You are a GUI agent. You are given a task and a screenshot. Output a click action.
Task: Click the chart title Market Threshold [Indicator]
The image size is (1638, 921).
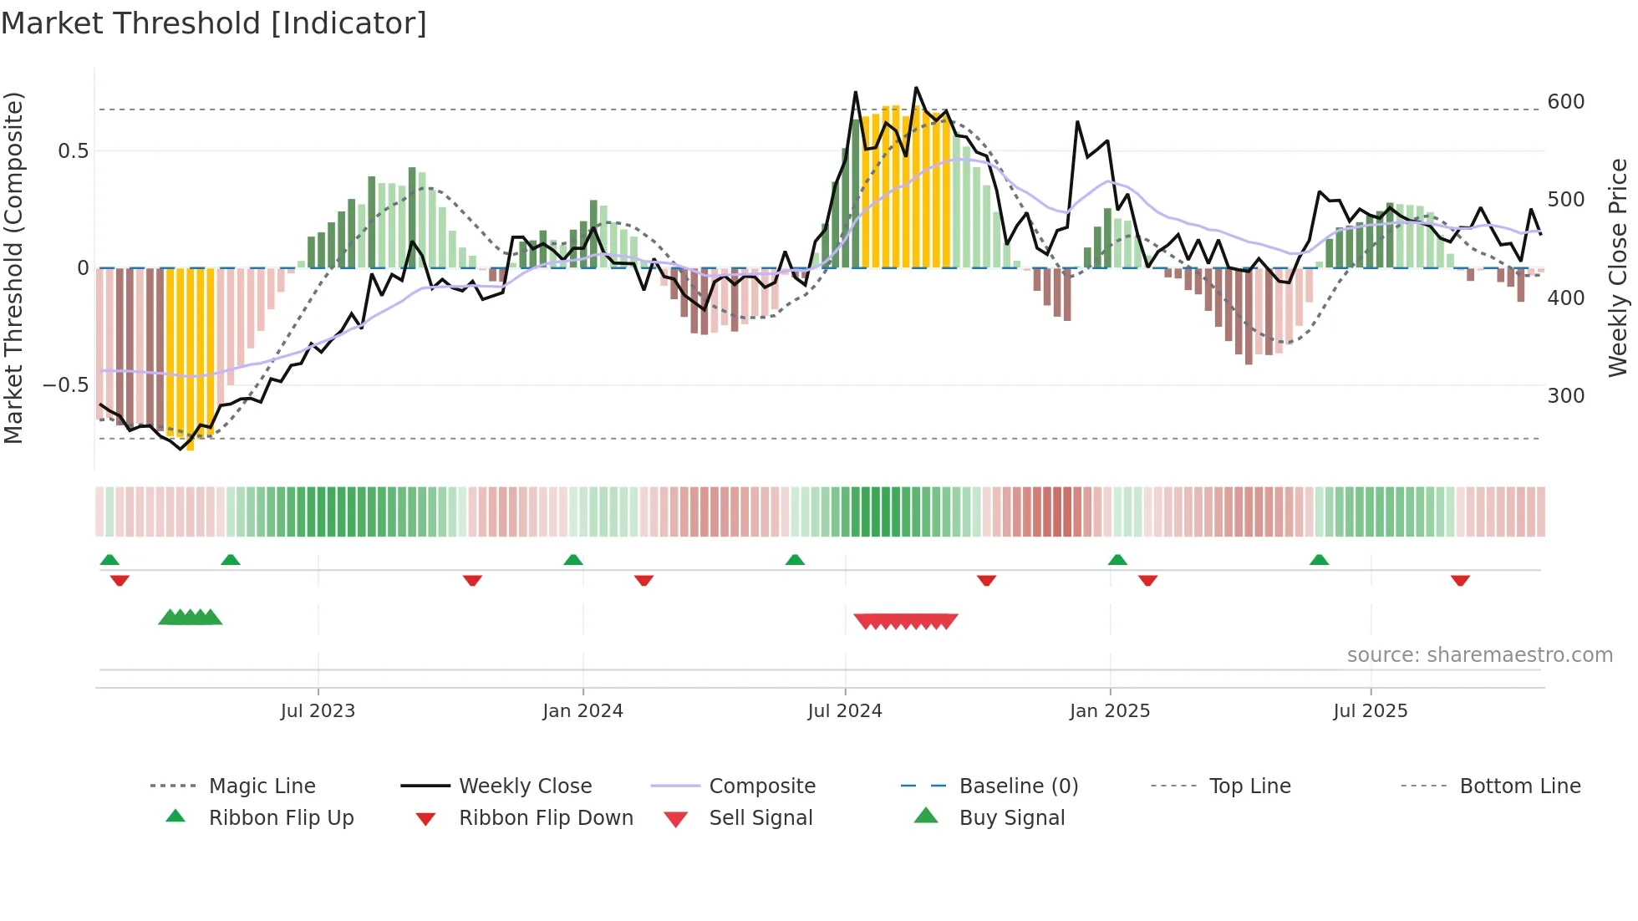tap(214, 23)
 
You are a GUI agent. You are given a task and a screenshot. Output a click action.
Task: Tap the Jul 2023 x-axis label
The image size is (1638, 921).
tap(318, 710)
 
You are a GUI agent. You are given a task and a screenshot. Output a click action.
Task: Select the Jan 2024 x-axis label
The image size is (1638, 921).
tap(582, 710)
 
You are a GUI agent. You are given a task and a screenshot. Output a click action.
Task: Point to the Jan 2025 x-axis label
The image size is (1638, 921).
tap(1110, 710)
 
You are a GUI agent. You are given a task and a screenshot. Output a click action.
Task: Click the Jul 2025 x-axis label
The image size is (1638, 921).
tap(1371, 710)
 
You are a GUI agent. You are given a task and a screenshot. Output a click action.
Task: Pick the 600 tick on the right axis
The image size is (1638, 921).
tap(1565, 102)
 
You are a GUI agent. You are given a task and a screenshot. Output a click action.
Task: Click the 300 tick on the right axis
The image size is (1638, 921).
tap(1565, 396)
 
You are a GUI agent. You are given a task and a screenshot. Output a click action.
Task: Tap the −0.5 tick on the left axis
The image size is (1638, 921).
tap(65, 385)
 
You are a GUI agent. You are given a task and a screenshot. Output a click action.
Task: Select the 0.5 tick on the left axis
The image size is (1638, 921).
tap(73, 151)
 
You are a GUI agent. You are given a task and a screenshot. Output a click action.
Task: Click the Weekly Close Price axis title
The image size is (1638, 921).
tap(1618, 267)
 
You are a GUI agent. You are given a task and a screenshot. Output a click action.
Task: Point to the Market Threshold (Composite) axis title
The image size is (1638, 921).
tap(14, 267)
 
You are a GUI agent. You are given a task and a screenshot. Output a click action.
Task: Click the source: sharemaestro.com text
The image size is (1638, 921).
tap(1479, 655)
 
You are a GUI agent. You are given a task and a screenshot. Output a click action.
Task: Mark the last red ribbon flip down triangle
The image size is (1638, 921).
tap(1460, 580)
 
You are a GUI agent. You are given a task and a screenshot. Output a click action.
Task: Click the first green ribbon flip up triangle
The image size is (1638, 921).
tap(109, 560)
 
